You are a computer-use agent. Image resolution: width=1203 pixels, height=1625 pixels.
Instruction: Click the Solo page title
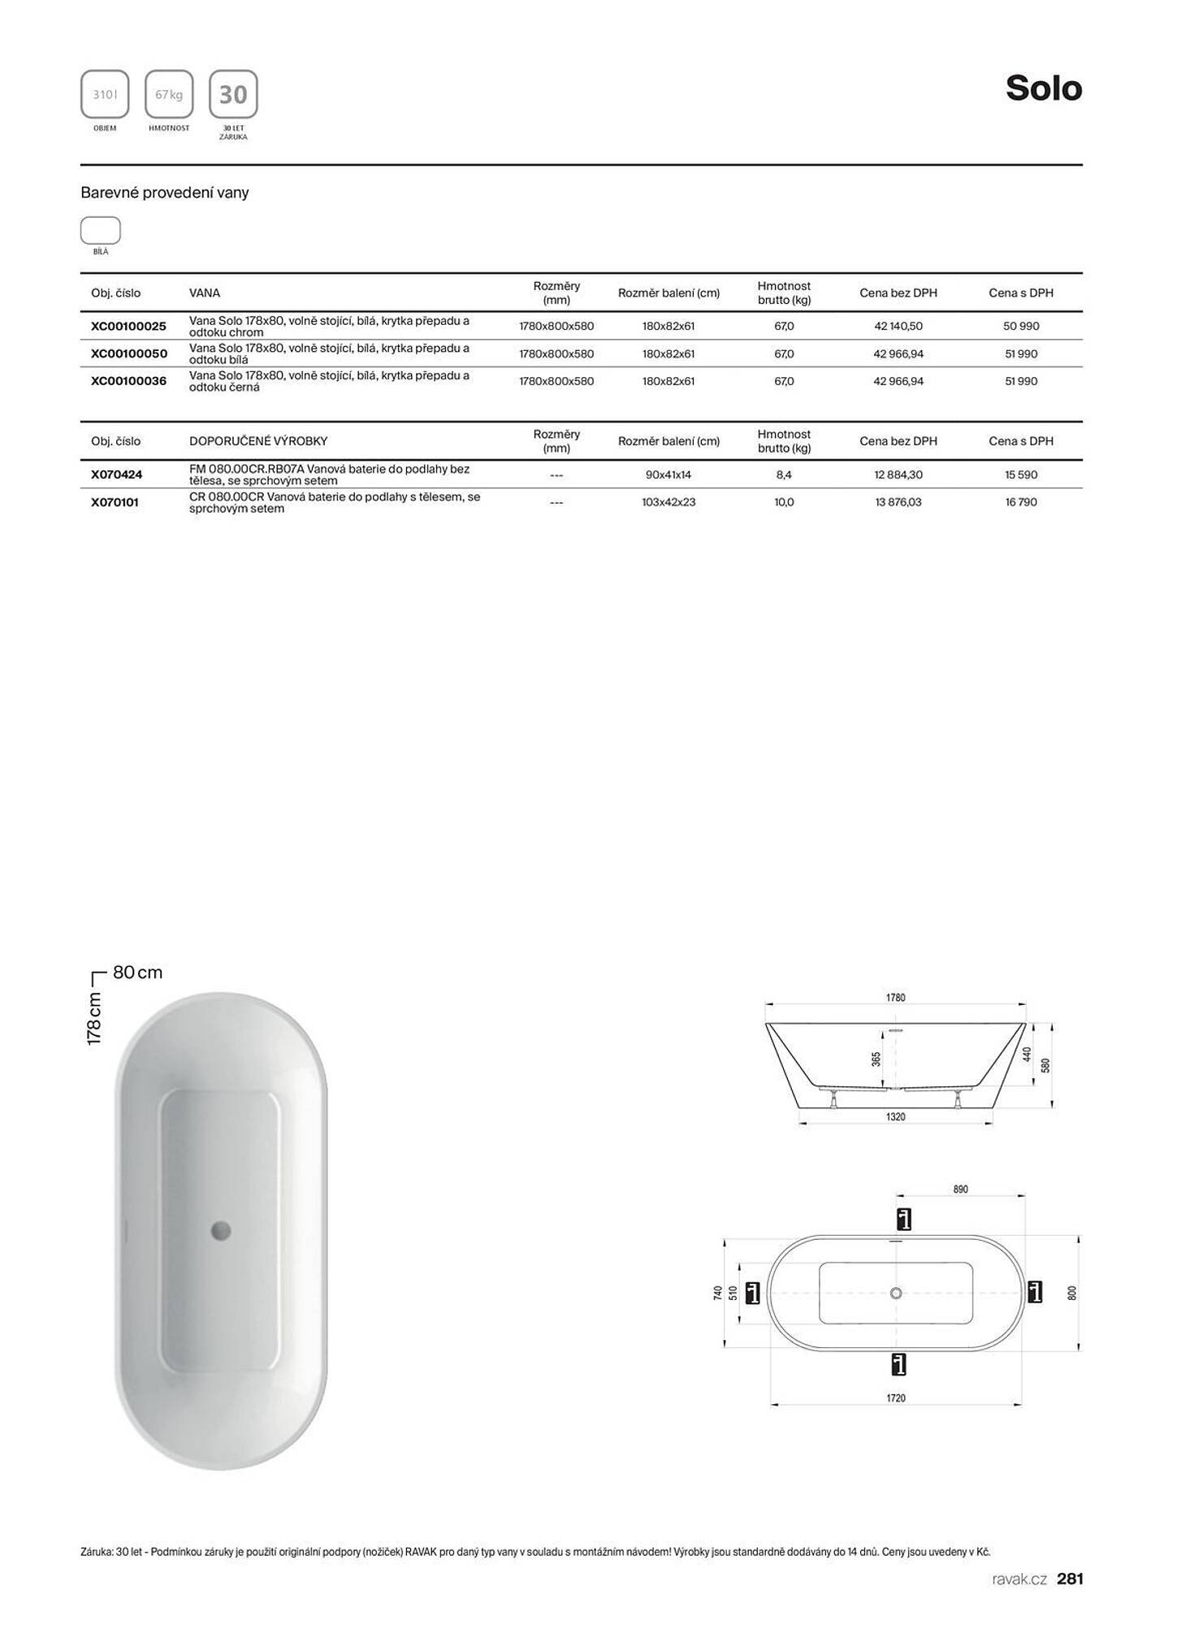coord(1043,89)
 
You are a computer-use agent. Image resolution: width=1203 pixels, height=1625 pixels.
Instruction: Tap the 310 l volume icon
coord(105,94)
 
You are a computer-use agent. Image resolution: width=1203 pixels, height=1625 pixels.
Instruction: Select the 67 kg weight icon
coord(169,94)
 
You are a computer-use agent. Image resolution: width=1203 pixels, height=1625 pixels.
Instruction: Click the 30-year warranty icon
coord(233,94)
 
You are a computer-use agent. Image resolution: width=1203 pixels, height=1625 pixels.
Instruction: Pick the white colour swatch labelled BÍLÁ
coord(101,231)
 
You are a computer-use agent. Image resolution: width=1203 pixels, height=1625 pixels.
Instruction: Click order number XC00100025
coord(128,327)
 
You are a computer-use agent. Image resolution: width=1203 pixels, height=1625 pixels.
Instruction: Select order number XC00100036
coord(128,381)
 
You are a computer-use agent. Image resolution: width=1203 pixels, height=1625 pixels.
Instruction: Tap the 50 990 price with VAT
coord(1020,327)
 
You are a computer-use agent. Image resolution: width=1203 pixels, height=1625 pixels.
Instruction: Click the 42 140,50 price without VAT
coord(898,327)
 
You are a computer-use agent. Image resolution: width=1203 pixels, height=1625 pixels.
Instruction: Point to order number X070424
coord(116,474)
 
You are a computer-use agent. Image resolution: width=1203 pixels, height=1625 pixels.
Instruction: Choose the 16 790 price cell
coord(1020,502)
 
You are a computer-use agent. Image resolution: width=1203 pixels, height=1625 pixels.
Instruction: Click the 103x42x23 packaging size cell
coord(668,502)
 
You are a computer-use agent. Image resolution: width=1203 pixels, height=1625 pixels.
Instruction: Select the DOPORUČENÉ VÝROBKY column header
coord(258,441)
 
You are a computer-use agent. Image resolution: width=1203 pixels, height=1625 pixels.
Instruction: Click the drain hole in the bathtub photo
coord(221,1231)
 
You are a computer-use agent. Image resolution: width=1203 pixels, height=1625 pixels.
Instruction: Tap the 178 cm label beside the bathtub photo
coord(95,1018)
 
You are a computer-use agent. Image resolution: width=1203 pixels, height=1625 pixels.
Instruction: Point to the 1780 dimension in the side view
coord(895,998)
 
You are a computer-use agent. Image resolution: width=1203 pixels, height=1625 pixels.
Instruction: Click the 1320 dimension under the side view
coord(895,1117)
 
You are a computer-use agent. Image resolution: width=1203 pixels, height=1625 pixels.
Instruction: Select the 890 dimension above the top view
coord(960,1189)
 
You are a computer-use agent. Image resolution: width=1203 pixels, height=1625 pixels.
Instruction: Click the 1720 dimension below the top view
coord(895,1398)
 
